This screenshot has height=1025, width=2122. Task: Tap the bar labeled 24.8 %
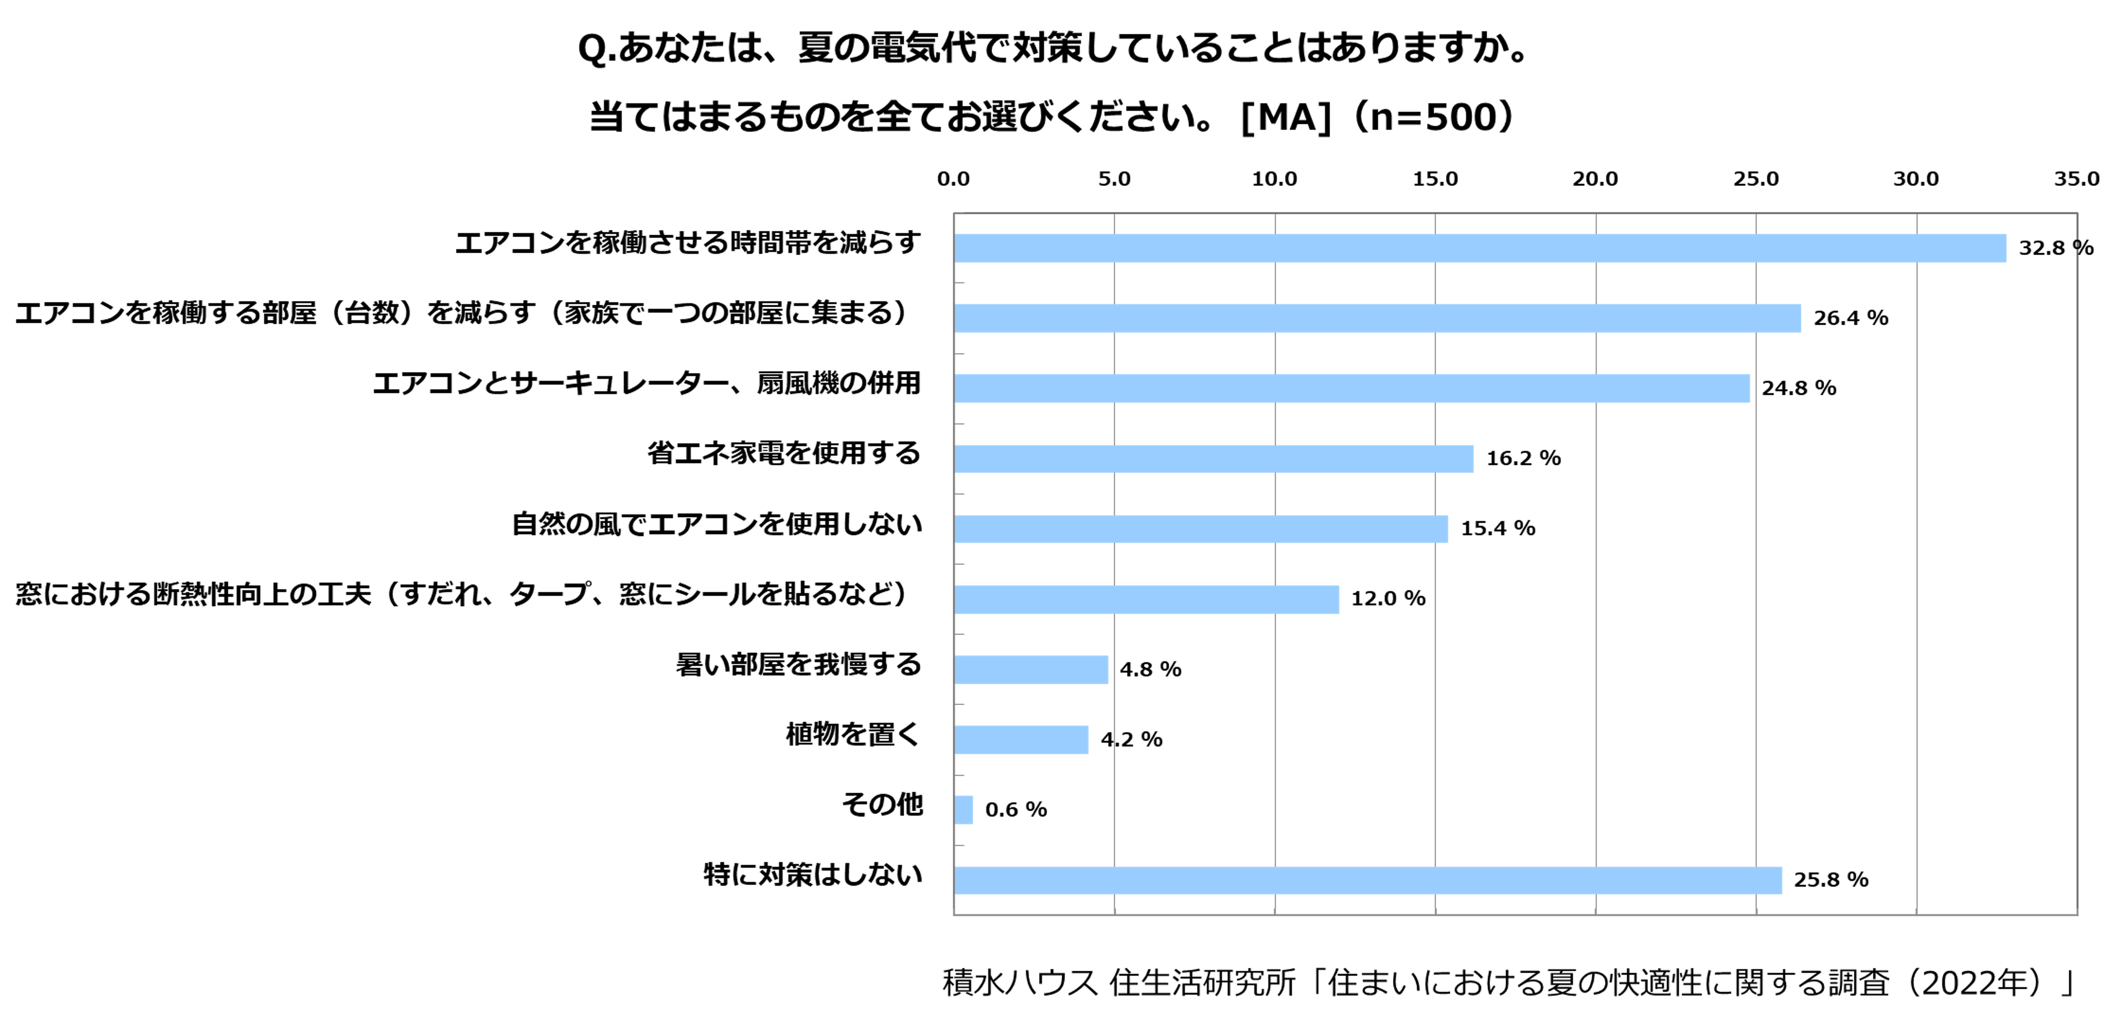(1352, 388)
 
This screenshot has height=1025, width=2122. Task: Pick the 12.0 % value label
(1388, 598)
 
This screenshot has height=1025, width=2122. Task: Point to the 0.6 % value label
(1016, 809)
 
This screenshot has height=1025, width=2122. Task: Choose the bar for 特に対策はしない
(1368, 880)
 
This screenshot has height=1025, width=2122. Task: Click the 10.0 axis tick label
(1274, 179)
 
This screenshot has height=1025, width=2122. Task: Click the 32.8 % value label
(2055, 248)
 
